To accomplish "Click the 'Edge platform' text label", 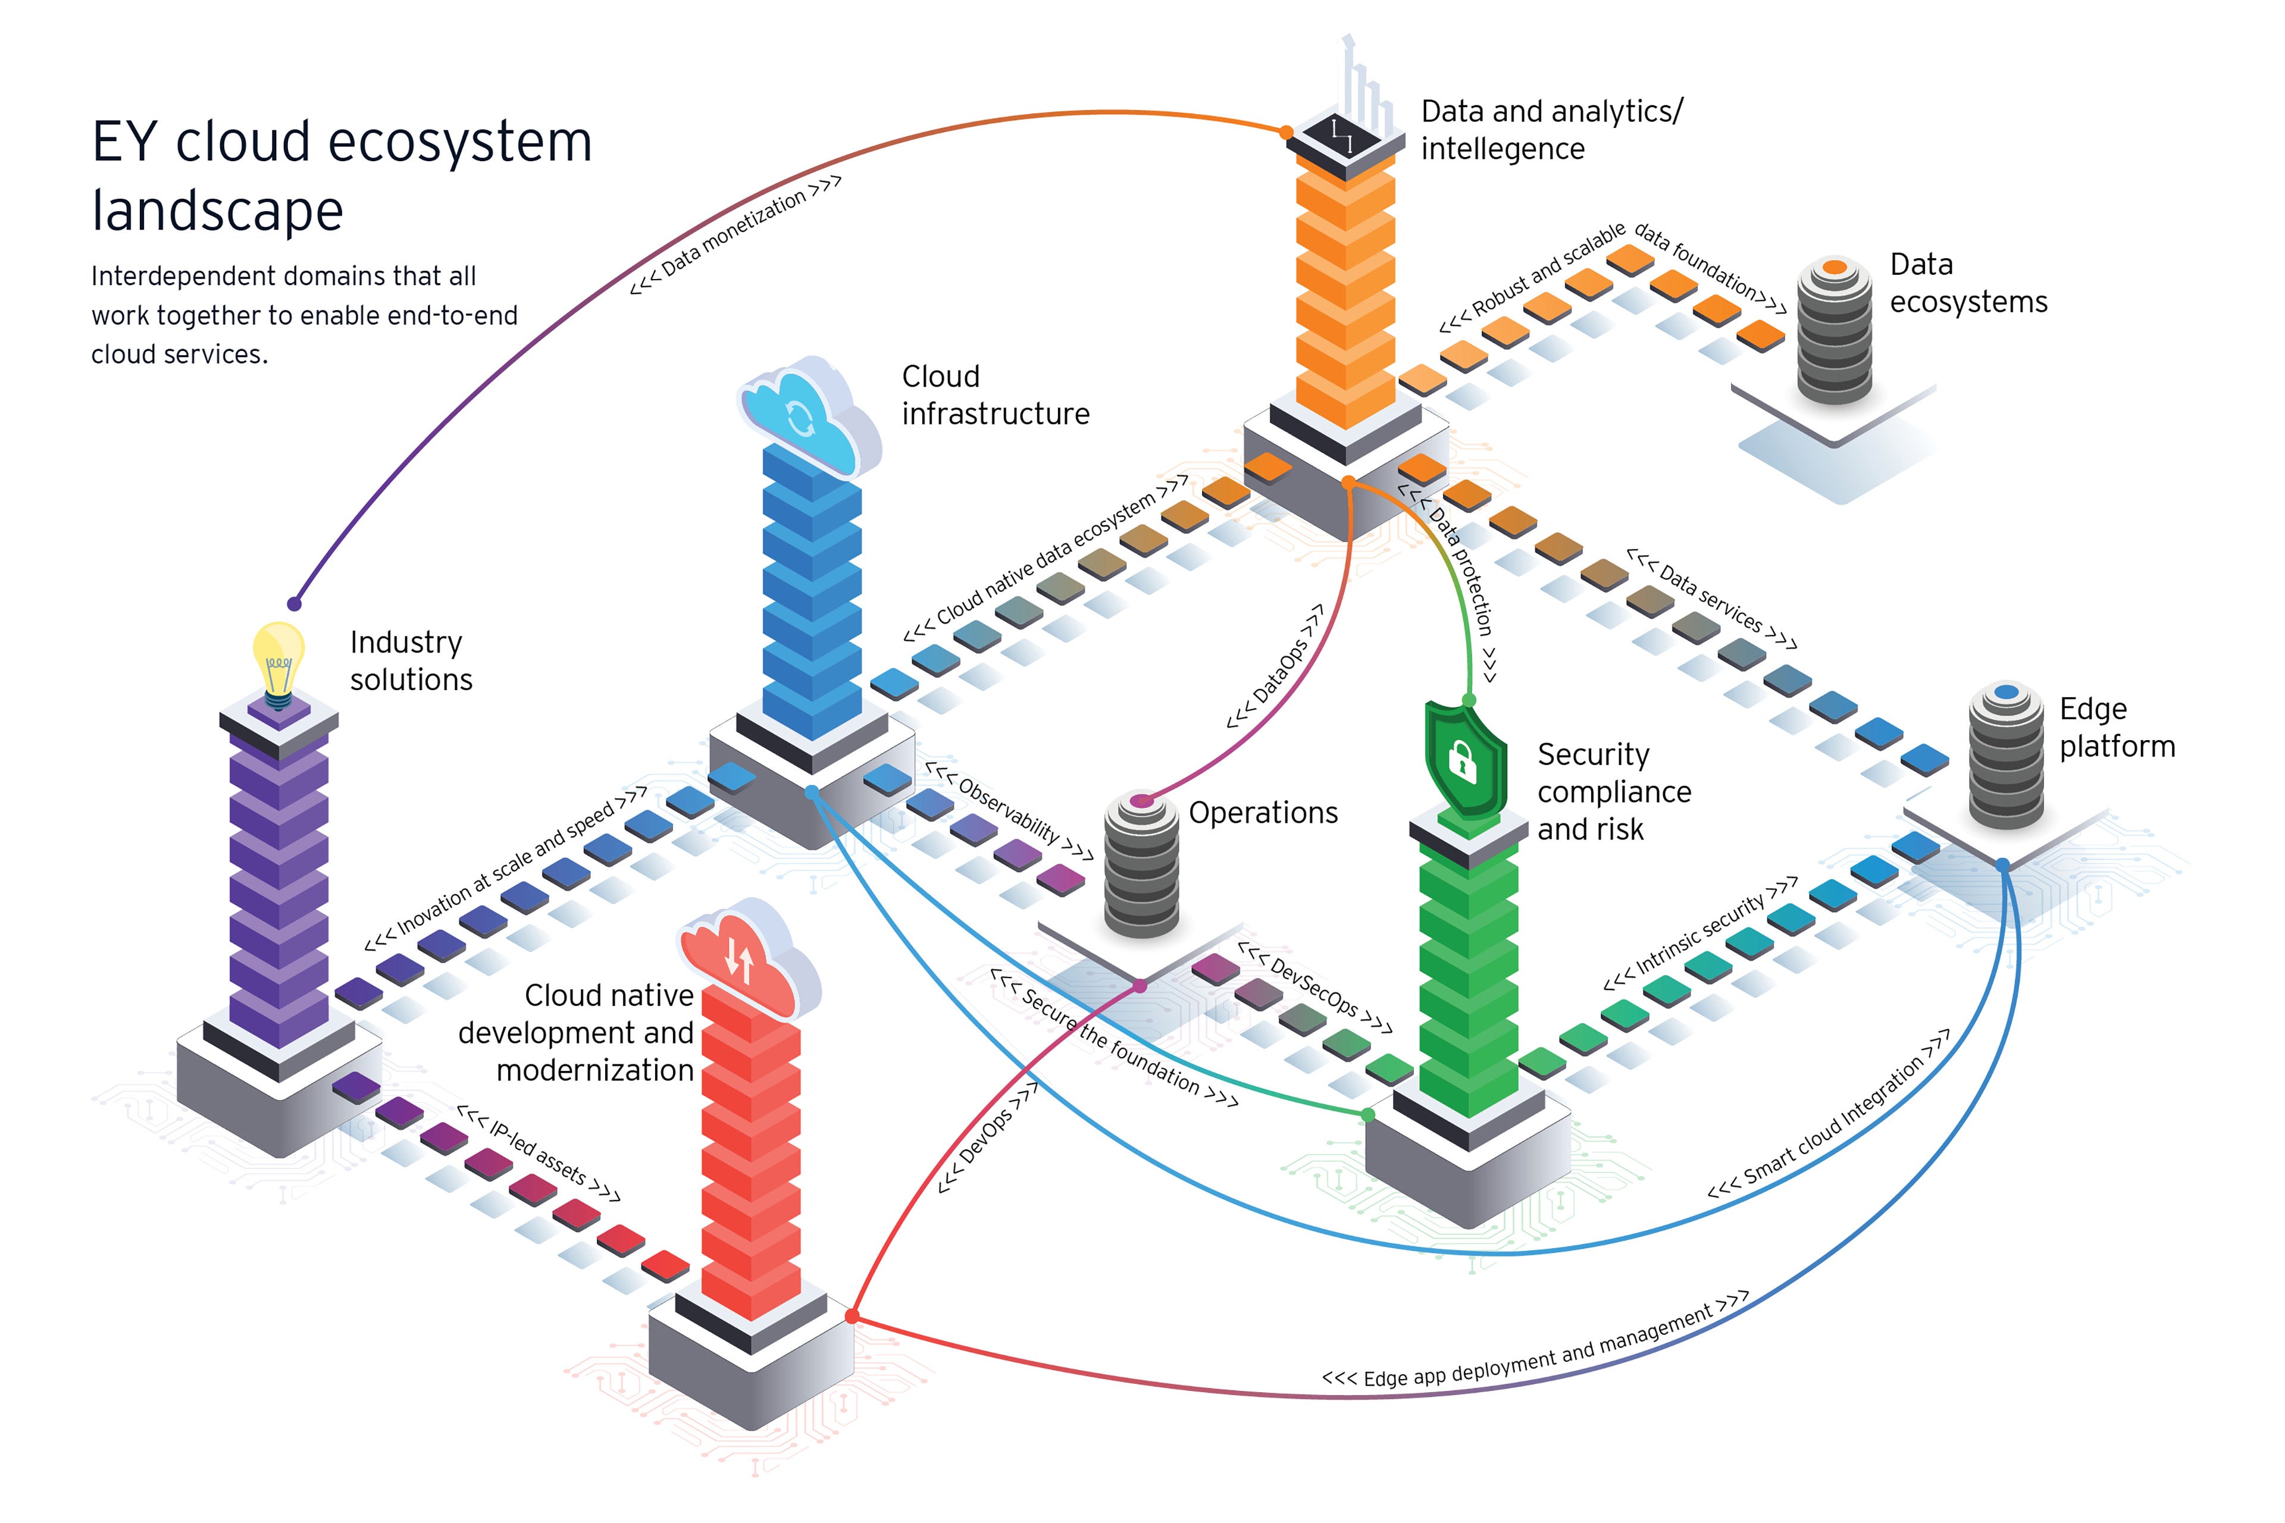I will click(x=2116, y=728).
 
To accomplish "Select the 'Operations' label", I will click(x=1262, y=812).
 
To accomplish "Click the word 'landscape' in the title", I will click(x=218, y=211).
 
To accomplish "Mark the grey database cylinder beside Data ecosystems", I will click(x=1834, y=330).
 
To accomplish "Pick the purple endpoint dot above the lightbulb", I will click(x=295, y=604).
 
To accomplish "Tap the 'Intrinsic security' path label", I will click(x=1700, y=932).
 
